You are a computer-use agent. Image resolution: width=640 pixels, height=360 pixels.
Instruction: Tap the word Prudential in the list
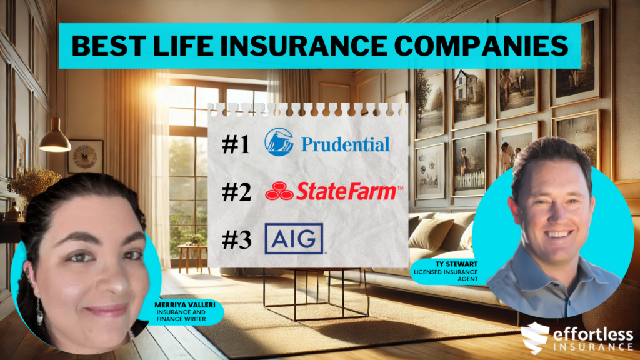click(x=345, y=144)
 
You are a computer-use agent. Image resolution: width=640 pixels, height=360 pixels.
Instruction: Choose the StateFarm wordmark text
click(x=347, y=191)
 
